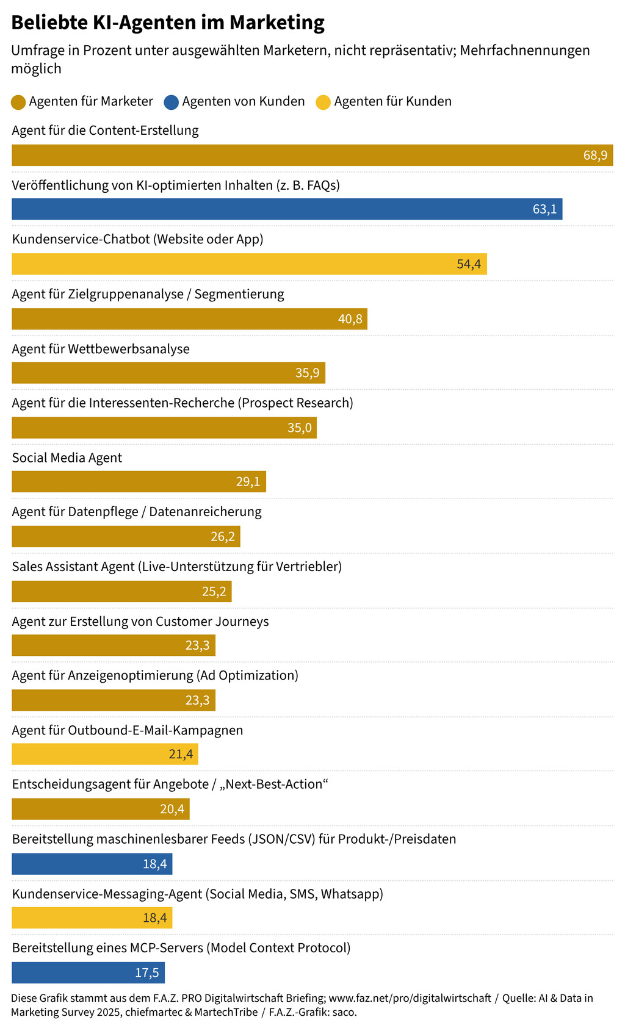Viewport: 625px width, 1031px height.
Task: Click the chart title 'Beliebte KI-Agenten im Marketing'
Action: (x=168, y=23)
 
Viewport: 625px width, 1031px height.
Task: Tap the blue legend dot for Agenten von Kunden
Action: (x=171, y=102)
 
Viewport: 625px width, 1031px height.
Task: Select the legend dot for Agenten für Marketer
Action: (x=18, y=102)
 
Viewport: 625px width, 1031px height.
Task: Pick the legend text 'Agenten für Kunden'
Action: (x=392, y=101)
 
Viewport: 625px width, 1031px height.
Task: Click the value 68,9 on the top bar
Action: (x=595, y=156)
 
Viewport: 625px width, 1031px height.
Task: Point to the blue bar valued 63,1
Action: (x=287, y=209)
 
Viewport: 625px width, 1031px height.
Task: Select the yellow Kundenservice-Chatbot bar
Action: (x=249, y=264)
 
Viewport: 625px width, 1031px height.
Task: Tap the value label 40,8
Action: (x=350, y=319)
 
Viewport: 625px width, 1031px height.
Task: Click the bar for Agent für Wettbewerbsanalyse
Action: (x=168, y=373)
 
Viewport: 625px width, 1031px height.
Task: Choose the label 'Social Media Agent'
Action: (x=67, y=458)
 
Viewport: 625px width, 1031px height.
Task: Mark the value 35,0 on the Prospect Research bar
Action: (x=300, y=428)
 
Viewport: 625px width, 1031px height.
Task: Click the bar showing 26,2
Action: (x=126, y=537)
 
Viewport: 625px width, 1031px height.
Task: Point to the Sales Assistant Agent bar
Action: (x=121, y=591)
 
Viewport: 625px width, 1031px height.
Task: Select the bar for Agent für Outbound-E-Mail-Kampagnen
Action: (x=105, y=754)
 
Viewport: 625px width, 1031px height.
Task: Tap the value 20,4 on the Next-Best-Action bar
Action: (x=172, y=809)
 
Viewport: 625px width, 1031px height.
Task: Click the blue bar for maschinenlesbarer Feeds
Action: (x=92, y=864)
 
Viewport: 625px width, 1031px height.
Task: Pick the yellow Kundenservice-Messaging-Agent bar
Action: (x=92, y=918)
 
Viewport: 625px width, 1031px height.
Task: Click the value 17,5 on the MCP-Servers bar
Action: (x=147, y=972)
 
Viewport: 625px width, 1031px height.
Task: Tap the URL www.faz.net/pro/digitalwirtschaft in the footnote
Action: (x=410, y=998)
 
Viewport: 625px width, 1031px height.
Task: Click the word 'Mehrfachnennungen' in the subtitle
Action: (x=525, y=50)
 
